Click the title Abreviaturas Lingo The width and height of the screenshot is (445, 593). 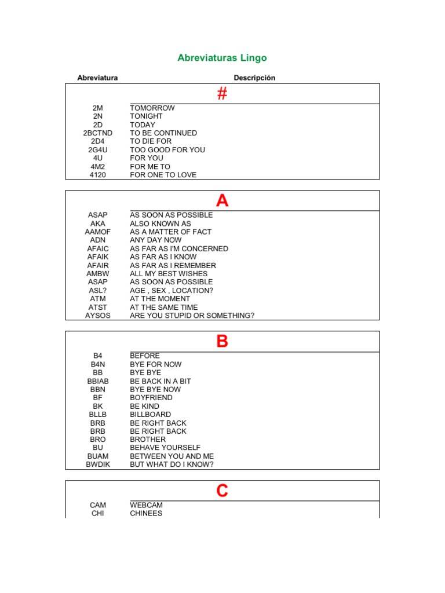[222, 58]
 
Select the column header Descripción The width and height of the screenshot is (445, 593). [254, 78]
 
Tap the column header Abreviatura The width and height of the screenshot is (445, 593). [97, 78]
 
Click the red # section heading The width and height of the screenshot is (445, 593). [222, 94]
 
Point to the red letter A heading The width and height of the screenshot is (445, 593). [222, 201]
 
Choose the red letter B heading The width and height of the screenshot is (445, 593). [222, 342]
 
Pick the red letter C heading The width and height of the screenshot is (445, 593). [222, 491]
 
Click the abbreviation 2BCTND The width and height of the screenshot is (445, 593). [97, 133]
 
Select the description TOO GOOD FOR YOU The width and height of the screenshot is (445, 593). [167, 150]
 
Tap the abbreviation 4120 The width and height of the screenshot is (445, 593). [97, 175]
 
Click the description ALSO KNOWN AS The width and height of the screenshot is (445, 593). [161, 224]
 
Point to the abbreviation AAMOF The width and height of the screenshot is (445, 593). [97, 232]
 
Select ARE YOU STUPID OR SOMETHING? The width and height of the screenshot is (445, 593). [192, 316]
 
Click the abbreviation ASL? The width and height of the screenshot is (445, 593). [97, 291]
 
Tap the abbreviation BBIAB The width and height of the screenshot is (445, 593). [97, 382]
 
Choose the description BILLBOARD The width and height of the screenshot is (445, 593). [151, 415]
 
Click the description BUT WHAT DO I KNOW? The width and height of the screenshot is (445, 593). [172, 465]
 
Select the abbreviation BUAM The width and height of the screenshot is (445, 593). [97, 456]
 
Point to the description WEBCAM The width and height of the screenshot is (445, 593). [147, 506]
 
